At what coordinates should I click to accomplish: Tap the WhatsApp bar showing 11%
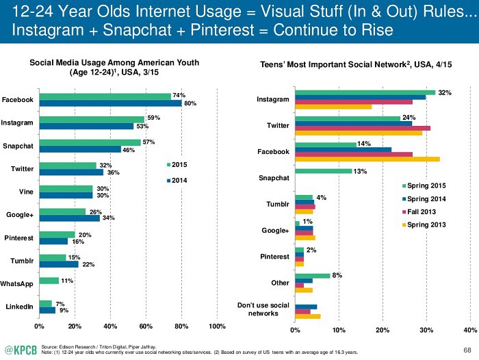pos(49,281)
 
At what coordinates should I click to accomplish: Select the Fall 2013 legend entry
pos(423,212)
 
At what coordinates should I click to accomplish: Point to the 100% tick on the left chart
pos(217,326)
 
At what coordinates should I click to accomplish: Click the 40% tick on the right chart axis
pos(470,330)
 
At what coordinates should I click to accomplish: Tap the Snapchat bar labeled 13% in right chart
pos(323,171)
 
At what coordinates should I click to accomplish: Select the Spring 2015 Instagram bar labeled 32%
pos(365,92)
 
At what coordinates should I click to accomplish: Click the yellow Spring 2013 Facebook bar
pos(367,159)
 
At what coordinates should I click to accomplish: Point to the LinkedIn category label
pos(19,307)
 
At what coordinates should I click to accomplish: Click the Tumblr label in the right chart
pos(277,205)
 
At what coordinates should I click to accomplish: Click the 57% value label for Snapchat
pos(150,142)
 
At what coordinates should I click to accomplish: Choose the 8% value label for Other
pos(336,274)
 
